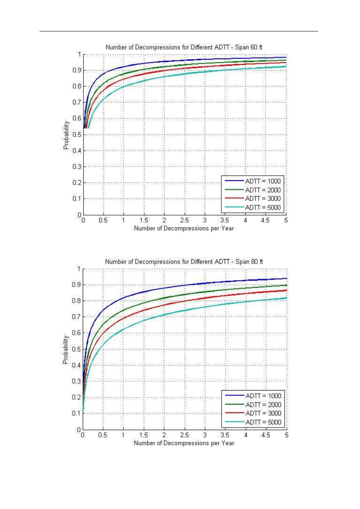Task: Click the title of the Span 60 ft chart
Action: (184, 47)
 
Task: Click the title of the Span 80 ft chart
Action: (184, 262)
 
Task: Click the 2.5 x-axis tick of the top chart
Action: (185, 220)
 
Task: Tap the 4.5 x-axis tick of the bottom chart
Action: (266, 436)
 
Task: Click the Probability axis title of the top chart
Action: (66, 135)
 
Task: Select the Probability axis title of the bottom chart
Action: (66, 349)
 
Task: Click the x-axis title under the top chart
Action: (184, 228)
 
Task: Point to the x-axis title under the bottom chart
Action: (184, 443)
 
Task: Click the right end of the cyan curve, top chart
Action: (285, 66)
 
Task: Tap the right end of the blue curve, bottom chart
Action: (285, 278)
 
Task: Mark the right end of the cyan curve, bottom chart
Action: (285, 298)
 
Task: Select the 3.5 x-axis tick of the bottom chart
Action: (225, 436)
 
